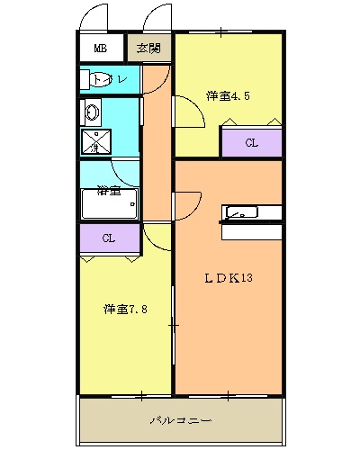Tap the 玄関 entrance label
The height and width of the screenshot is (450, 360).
[x=149, y=48]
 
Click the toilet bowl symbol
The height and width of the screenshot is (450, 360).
[x=94, y=80]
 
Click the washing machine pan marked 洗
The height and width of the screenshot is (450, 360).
[x=94, y=142]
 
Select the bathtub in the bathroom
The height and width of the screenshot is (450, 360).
[x=109, y=206]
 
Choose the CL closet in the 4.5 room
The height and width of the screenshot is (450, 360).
[x=252, y=142]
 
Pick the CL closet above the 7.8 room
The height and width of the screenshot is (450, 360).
[x=108, y=238]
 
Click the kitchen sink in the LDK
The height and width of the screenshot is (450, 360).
[x=240, y=213]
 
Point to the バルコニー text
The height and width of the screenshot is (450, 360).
[x=180, y=420]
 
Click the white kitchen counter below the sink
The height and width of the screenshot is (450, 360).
[x=251, y=231]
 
